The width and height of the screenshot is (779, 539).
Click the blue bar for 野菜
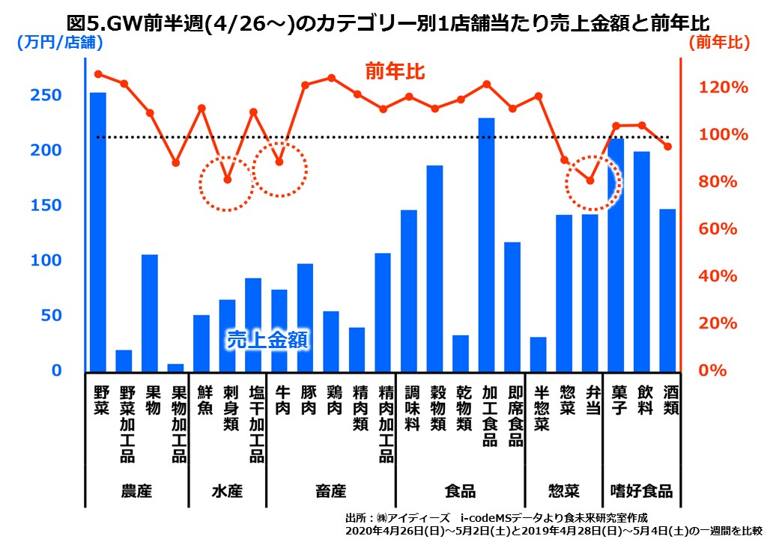(x=98, y=231)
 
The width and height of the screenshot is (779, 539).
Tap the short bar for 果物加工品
(x=175, y=367)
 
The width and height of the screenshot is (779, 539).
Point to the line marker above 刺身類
(x=228, y=180)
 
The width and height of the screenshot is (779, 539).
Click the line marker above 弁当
(x=590, y=180)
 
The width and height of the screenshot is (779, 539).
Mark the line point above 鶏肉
(x=331, y=77)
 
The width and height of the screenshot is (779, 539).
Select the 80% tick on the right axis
(x=724, y=182)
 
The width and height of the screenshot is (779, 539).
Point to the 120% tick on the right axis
(x=724, y=88)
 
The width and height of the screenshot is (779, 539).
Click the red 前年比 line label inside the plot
(x=395, y=72)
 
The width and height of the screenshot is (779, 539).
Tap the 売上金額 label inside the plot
(x=268, y=340)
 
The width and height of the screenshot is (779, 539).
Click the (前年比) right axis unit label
(x=719, y=43)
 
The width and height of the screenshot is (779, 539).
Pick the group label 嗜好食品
(x=641, y=491)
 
